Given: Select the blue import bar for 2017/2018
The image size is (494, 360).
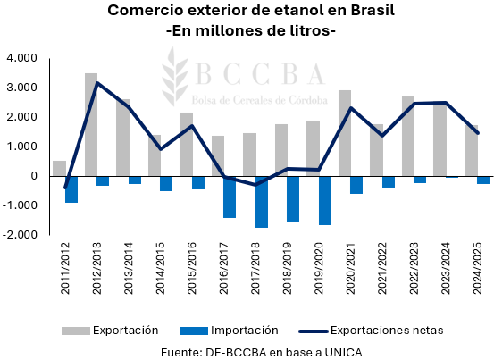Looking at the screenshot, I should pos(262,202).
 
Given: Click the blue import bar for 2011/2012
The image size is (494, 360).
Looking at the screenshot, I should pos(71,189).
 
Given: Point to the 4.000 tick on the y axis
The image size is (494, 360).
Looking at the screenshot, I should pos(21,58).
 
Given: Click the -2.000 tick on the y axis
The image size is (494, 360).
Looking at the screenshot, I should pos(19,235).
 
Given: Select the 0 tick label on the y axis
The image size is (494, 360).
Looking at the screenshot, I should pos(33,176).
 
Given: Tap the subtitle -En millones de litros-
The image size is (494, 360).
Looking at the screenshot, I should pos(251,31).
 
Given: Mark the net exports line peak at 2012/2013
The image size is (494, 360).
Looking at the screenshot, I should pos(97,83).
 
